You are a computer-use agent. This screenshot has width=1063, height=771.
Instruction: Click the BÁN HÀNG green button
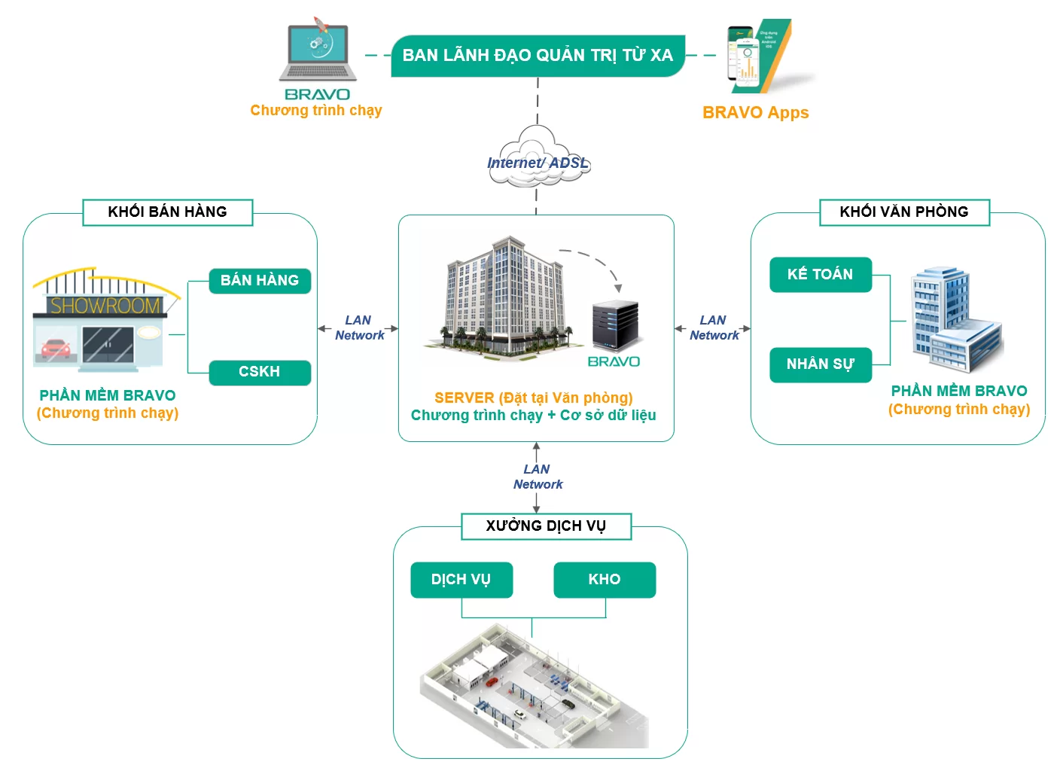[260, 281]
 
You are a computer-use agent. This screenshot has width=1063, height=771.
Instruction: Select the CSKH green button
[260, 372]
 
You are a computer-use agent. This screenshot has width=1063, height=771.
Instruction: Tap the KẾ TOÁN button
[821, 275]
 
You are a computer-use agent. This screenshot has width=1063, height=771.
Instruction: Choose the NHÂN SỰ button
[821, 364]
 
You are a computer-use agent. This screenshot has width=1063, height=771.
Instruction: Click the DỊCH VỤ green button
[461, 580]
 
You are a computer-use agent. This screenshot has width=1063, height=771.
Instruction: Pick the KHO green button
[605, 580]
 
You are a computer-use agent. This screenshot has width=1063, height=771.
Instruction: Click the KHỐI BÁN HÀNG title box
[167, 212]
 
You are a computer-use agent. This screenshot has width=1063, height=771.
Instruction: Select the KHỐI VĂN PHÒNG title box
[904, 212]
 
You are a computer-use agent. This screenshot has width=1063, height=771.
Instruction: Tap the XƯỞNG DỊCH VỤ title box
[546, 526]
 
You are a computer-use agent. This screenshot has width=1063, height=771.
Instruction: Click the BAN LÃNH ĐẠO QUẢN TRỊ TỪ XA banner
[538, 56]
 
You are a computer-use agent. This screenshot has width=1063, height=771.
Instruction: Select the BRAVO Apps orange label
[755, 113]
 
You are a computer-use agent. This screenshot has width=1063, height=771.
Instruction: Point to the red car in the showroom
[55, 349]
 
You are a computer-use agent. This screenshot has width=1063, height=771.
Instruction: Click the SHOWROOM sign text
[105, 306]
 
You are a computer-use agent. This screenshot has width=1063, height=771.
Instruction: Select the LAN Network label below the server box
[538, 477]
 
